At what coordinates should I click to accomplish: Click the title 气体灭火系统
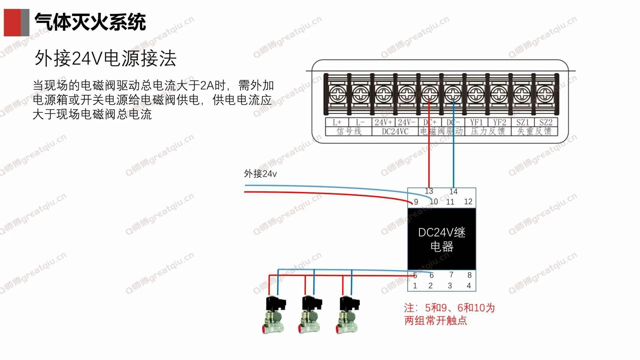(90, 22)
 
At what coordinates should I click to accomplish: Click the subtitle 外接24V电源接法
(105, 58)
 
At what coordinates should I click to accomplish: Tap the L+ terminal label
(337, 122)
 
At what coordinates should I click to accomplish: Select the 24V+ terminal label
(383, 122)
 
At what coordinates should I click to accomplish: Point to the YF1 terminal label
(476, 122)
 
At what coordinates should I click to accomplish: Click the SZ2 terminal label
(546, 122)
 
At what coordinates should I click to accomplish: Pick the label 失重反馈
(534, 131)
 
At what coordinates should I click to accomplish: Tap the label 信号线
(349, 131)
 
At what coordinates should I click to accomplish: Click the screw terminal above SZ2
(545, 94)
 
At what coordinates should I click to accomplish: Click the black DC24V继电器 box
(442, 239)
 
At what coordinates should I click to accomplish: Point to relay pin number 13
(429, 191)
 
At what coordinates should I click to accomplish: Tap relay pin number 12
(468, 202)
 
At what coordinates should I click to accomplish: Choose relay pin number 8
(469, 275)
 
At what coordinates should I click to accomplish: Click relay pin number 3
(450, 286)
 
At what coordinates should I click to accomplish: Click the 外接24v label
(260, 174)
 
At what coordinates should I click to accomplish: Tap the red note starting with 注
(449, 314)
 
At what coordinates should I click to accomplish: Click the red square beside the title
(12, 22)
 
